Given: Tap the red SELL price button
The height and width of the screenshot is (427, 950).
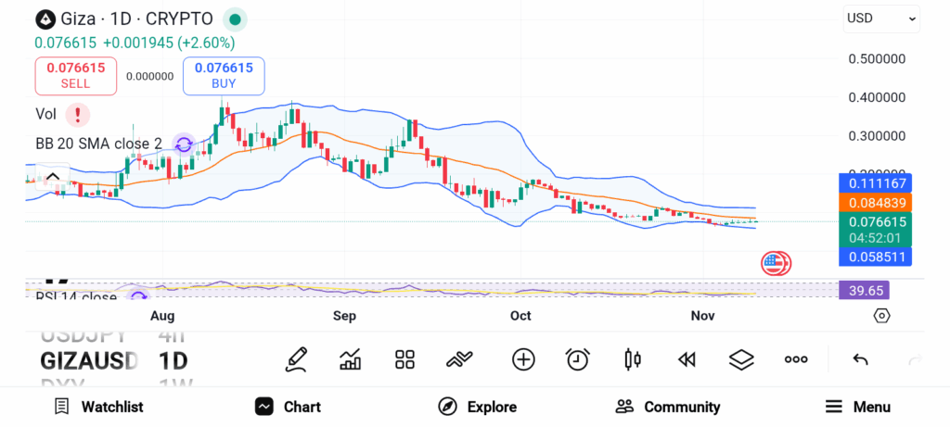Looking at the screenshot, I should click(x=75, y=75).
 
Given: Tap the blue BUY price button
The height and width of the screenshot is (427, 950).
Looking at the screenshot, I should click(x=224, y=75).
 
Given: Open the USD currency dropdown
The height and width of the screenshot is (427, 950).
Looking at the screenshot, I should click(x=881, y=19).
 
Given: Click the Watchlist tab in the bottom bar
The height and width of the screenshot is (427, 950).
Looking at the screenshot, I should click(x=98, y=407).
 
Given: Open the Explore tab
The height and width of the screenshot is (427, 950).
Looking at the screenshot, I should click(x=477, y=407).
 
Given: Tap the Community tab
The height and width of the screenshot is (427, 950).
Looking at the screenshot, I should click(x=668, y=407).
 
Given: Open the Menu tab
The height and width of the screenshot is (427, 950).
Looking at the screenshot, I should click(x=858, y=407).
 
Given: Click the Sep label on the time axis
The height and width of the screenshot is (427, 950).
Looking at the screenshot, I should click(x=344, y=316).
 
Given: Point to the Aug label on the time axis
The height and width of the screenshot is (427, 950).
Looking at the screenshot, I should click(x=162, y=316).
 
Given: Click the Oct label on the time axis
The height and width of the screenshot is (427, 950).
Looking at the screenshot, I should click(x=520, y=316).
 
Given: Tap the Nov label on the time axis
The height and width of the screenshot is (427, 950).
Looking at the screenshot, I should click(x=702, y=316).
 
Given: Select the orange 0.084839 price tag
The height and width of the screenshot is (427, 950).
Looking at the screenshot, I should click(x=875, y=202).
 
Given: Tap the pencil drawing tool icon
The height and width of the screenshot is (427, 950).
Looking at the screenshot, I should click(x=296, y=359).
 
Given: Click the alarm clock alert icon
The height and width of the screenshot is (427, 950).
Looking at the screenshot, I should click(x=578, y=359).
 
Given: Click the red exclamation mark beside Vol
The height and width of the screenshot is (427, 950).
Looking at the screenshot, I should click(x=78, y=115).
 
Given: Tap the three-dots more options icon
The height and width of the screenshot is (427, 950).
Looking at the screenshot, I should click(x=796, y=359).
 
